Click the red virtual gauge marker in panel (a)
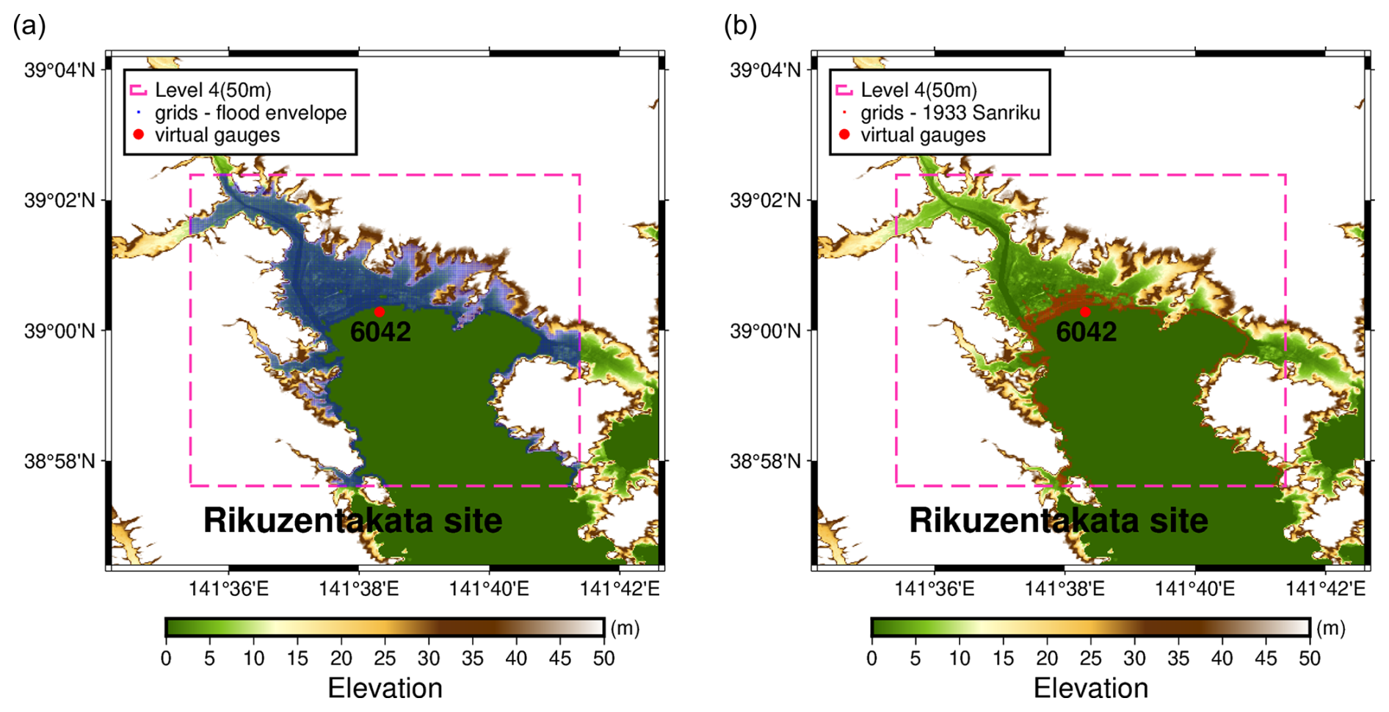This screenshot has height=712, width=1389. pyautogui.click(x=379, y=312)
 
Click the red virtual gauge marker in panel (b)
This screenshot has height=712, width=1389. pyautogui.click(x=1084, y=312)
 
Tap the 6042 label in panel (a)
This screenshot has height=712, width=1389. pyautogui.click(x=380, y=332)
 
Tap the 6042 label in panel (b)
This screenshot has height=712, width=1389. pyautogui.click(x=1086, y=332)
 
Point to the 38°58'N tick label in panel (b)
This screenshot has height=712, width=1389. pyautogui.click(x=766, y=462)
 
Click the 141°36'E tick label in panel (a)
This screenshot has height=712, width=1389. pyautogui.click(x=228, y=589)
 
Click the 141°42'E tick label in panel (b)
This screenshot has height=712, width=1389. pyautogui.click(x=1325, y=589)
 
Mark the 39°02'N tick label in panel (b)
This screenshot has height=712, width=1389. pyautogui.click(x=766, y=200)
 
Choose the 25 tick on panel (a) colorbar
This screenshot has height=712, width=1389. pyautogui.click(x=385, y=658)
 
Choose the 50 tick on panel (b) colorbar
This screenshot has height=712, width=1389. pyautogui.click(x=1310, y=658)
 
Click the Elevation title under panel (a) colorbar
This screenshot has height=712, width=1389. pyautogui.click(x=385, y=689)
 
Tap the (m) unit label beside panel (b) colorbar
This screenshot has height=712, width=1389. pyautogui.click(x=1330, y=628)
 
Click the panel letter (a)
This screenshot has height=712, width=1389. pyautogui.click(x=29, y=26)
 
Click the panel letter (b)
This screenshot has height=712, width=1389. pyautogui.click(x=740, y=26)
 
